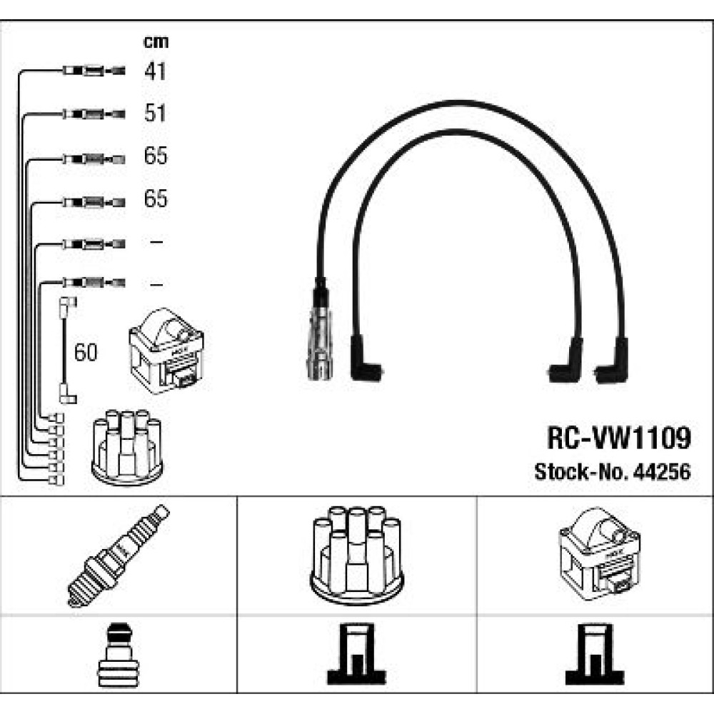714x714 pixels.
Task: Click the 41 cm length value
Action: pyautogui.click(x=155, y=71)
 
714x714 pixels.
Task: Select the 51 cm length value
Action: pyautogui.click(x=155, y=113)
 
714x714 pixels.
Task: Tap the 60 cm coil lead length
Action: pyautogui.click(x=86, y=353)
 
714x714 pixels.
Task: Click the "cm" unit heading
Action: pyautogui.click(x=156, y=42)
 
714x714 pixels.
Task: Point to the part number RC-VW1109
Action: pyautogui.click(x=619, y=438)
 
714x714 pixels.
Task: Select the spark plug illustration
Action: pyautogui.click(x=118, y=555)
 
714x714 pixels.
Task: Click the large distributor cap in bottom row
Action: pyautogui.click(x=356, y=555)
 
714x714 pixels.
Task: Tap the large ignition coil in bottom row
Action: pyautogui.click(x=599, y=554)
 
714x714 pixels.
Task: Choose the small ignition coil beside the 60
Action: pyautogui.click(x=166, y=351)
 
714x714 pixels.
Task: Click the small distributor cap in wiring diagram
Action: pyautogui.click(x=127, y=447)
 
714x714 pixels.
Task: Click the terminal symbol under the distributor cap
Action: pyautogui.click(x=356, y=654)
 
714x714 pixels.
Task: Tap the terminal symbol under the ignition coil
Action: pyautogui.click(x=595, y=654)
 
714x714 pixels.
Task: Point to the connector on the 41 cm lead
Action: pyautogui.click(x=94, y=71)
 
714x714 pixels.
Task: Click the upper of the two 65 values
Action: pyautogui.click(x=156, y=156)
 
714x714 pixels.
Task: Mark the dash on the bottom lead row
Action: pyautogui.click(x=156, y=285)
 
